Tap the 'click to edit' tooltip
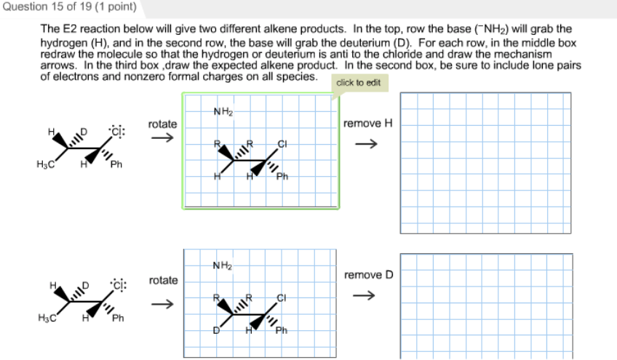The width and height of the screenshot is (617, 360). [x=358, y=83]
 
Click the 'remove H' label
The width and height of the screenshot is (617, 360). [x=368, y=123]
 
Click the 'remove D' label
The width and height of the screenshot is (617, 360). [x=368, y=275]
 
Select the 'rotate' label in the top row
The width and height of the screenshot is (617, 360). [x=162, y=124]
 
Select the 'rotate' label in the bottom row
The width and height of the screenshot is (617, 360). [x=163, y=280]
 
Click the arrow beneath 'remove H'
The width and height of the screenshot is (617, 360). [x=368, y=143]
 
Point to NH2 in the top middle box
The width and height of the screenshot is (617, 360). [x=223, y=112]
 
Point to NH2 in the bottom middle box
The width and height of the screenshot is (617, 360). [x=223, y=266]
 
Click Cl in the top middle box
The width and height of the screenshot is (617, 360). [x=282, y=143]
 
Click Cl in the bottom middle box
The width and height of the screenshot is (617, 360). [x=282, y=297]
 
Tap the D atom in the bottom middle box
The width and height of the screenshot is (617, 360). [x=216, y=332]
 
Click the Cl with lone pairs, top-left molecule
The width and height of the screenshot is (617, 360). [x=118, y=132]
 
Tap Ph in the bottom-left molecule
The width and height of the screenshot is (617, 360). [x=118, y=319]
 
